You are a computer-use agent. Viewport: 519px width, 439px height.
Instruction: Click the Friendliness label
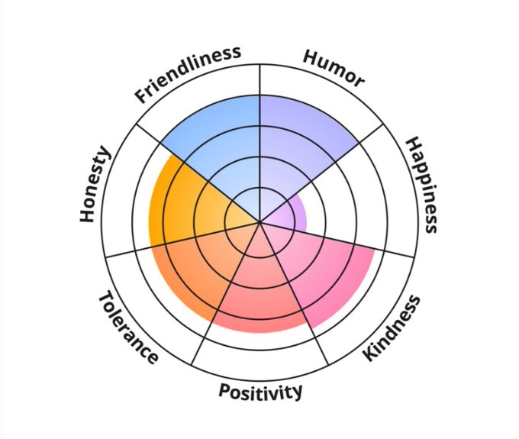pyautogui.click(x=189, y=74)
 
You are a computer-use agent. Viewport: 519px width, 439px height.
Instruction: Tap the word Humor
pyautogui.click(x=334, y=69)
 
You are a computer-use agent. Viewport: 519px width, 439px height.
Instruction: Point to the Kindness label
pyautogui.click(x=391, y=328)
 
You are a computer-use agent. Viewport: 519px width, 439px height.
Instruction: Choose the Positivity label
pyautogui.click(x=260, y=392)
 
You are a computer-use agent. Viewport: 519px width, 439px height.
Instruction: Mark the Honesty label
pyautogui.click(x=95, y=186)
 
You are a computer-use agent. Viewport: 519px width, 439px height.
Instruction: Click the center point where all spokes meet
pyautogui.click(x=260, y=223)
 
